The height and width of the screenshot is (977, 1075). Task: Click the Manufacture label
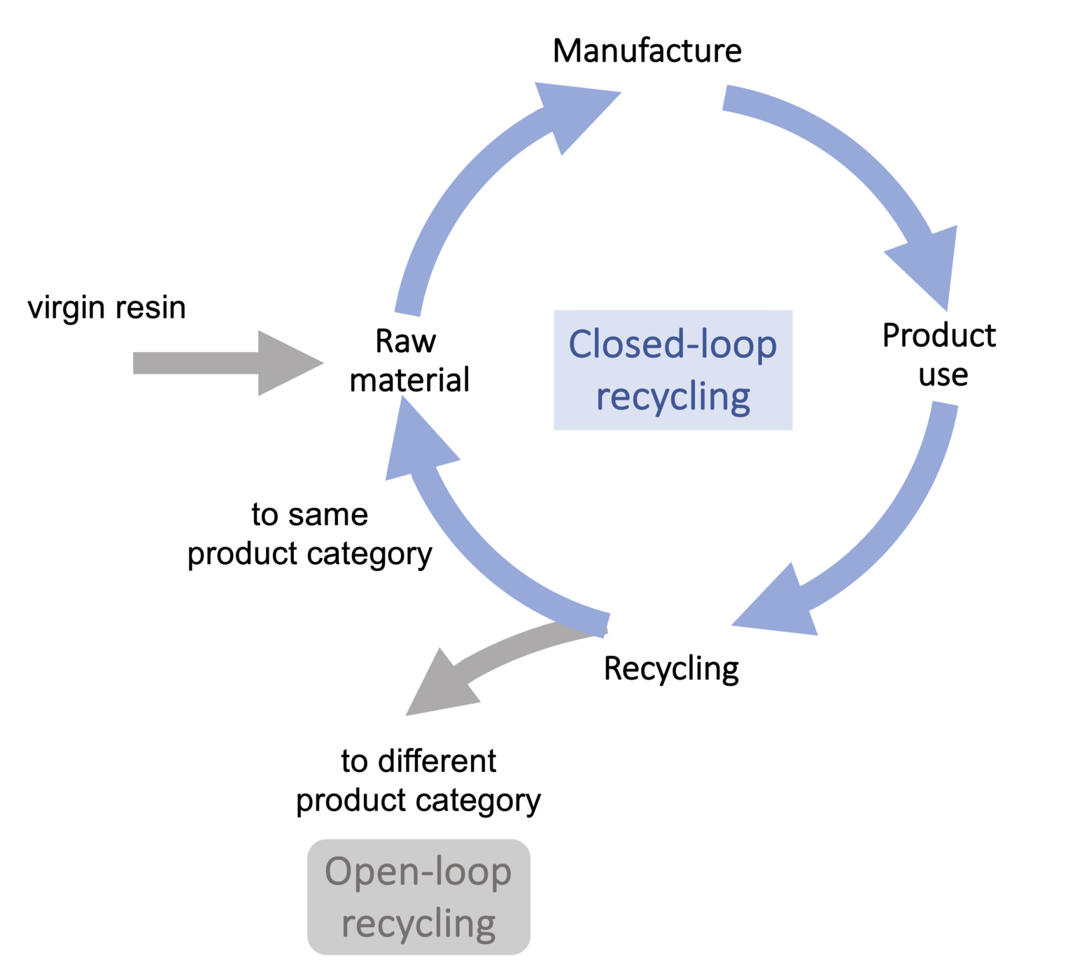click(x=647, y=51)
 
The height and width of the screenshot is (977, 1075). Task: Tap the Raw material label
click(x=409, y=361)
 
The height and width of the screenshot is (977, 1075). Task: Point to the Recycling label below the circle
click(x=670, y=668)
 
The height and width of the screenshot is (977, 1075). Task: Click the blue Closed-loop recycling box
click(x=673, y=370)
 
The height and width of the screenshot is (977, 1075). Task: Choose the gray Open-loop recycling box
click(x=419, y=897)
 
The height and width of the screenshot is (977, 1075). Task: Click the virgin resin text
click(x=106, y=308)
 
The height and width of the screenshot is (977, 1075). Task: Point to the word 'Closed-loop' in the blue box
click(x=673, y=344)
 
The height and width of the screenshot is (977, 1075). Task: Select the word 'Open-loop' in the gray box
click(x=419, y=872)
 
